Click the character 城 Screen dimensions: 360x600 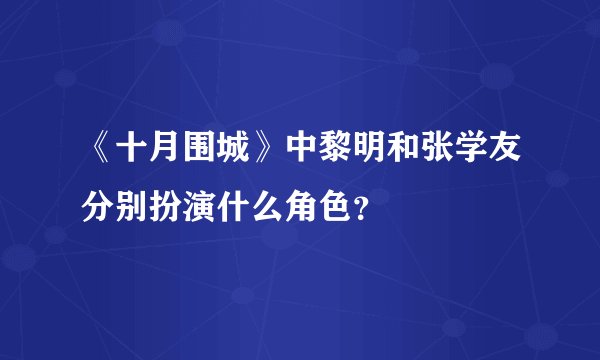[243, 152]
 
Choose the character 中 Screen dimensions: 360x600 [306, 152]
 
